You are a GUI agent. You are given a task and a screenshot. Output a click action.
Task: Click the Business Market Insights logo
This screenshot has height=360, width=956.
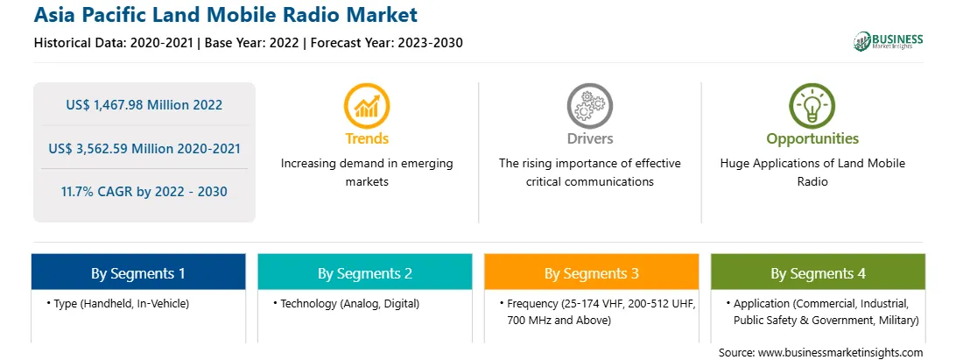click(x=888, y=41)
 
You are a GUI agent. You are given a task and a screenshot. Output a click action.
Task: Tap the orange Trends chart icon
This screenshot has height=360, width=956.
click(x=367, y=106)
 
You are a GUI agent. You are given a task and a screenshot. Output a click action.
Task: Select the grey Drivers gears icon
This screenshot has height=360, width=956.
click(x=589, y=106)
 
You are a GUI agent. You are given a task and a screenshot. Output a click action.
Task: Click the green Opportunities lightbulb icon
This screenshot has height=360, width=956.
click(x=812, y=106)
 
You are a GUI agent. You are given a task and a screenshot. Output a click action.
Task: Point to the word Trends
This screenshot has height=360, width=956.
click(x=367, y=138)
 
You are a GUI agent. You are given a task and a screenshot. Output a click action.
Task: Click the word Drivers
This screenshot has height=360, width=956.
click(x=589, y=138)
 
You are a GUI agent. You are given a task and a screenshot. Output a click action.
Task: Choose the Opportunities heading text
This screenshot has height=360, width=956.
click(x=812, y=139)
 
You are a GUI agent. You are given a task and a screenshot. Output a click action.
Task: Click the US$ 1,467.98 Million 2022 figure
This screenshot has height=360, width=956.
click(x=144, y=105)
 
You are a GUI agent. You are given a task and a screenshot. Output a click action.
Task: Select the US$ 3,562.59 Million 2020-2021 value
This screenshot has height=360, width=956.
click(x=144, y=148)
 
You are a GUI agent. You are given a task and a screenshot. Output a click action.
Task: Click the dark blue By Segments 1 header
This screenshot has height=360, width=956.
click(x=138, y=272)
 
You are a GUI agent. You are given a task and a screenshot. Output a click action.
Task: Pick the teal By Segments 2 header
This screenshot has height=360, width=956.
click(x=364, y=272)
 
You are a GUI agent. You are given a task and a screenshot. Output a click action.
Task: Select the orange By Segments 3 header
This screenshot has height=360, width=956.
click(x=592, y=272)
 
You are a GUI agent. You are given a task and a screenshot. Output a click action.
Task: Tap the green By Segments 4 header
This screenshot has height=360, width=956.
click(x=818, y=272)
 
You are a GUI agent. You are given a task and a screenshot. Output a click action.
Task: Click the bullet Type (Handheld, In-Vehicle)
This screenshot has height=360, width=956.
click(x=117, y=303)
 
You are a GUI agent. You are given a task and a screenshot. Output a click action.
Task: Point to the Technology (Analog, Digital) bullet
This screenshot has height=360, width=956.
click(x=346, y=303)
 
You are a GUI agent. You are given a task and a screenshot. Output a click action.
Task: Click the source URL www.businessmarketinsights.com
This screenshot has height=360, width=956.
click(x=840, y=353)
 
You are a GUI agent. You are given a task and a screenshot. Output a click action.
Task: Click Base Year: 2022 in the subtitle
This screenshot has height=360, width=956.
click(x=252, y=43)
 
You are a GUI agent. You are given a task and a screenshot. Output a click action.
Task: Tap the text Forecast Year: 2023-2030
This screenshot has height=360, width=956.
click(x=384, y=43)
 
